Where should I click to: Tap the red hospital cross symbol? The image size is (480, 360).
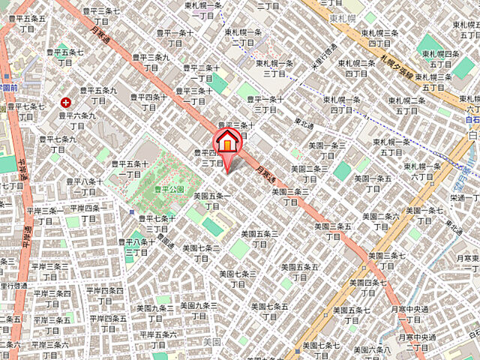[x=66, y=101]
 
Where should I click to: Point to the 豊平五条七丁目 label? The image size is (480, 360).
[x=65, y=57]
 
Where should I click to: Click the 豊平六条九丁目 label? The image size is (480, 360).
[x=77, y=121]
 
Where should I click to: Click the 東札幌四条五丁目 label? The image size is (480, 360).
[x=441, y=58]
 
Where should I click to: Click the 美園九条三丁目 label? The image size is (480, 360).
[x=199, y=310]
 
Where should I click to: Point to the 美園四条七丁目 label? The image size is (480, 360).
[x=368, y=287]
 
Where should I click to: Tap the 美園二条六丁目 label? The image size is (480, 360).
[x=381, y=221]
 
